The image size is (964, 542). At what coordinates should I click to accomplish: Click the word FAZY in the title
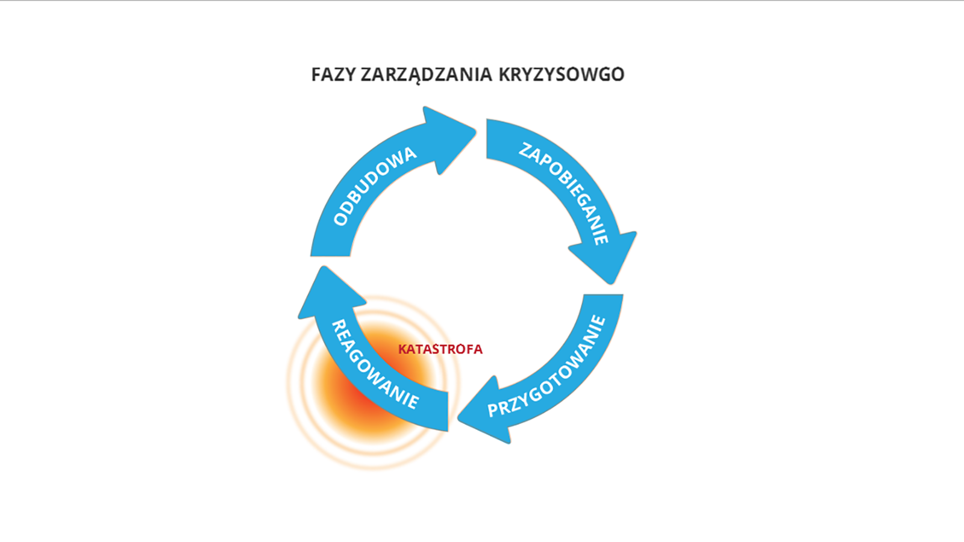pos(333,75)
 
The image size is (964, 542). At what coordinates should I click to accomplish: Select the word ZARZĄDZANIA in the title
pos(427,75)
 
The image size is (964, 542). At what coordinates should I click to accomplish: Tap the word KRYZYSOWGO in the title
pos(561,75)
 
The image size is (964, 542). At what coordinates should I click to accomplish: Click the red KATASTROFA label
pos(440,349)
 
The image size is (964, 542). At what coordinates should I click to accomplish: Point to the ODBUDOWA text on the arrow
pos(375,186)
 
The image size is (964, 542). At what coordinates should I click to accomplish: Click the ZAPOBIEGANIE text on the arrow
pos(564,193)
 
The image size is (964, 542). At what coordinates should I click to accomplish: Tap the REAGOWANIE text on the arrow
pos(375,364)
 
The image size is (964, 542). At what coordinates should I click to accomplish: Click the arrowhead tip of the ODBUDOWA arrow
pos(475,129)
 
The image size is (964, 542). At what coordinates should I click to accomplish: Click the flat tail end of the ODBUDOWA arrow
pos(331,256)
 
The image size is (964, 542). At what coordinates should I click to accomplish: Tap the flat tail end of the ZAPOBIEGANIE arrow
pos(487,139)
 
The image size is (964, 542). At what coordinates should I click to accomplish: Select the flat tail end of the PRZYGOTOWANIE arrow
pos(603,295)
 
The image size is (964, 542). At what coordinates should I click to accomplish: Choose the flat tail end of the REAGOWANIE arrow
pos(448,411)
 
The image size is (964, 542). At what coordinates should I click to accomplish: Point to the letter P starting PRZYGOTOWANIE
pos(493,410)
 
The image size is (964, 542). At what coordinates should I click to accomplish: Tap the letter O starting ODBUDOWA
pos(341,219)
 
